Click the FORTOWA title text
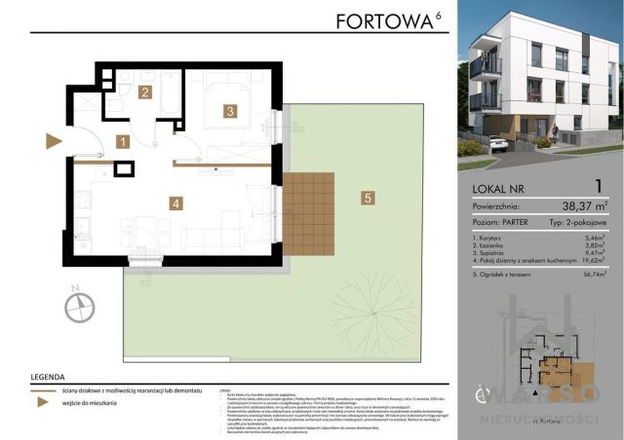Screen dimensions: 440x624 pos(386,20)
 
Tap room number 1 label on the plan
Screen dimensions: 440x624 pos(122,142)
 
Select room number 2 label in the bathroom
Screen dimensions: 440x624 pos(144,92)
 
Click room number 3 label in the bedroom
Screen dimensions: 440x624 pos(229,111)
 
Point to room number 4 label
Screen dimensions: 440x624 pos(175,203)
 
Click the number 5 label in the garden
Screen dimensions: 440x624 pos(367,199)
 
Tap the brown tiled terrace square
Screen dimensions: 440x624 pos(307,213)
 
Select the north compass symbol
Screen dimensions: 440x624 pos(77,306)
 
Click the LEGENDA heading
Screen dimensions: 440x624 pos(49,375)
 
